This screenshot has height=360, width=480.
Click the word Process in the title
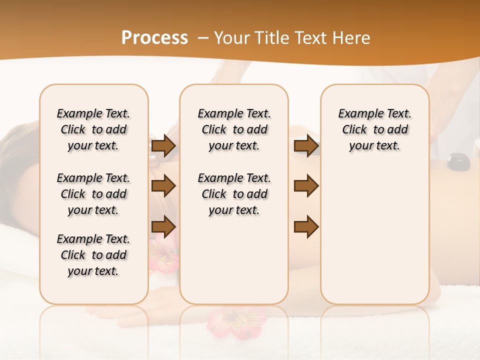point(154,38)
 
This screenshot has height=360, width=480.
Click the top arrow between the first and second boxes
point(163,146)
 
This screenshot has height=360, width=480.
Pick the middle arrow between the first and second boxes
point(163,186)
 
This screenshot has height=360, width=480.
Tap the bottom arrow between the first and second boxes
point(163,226)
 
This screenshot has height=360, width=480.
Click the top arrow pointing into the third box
point(306,146)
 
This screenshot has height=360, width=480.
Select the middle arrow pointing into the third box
point(306,186)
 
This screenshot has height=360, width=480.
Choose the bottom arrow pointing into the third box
point(306,226)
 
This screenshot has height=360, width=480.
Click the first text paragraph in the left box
point(93,129)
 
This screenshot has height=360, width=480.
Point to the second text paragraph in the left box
point(93,194)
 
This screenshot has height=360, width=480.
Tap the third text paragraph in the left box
point(93,255)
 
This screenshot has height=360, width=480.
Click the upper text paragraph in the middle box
point(234,129)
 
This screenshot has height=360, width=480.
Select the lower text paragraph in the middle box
point(234,194)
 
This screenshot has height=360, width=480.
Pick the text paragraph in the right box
point(374,129)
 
